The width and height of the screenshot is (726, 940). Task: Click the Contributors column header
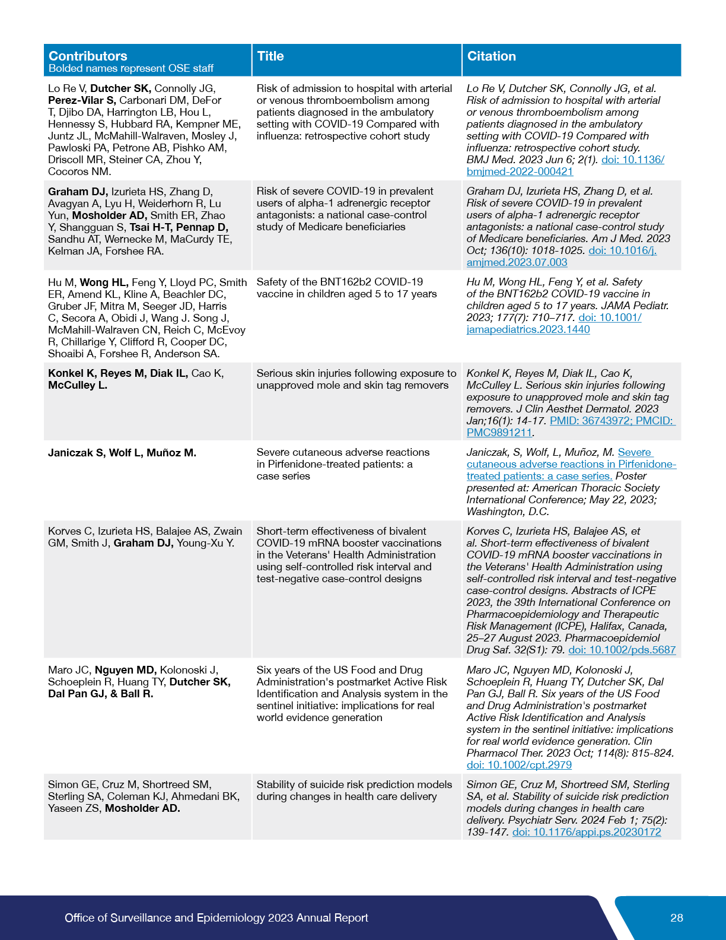[x=88, y=56]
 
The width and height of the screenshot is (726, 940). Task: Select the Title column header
[x=270, y=56]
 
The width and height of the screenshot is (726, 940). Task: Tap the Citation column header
[x=492, y=56]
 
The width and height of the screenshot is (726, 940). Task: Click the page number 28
[x=677, y=917]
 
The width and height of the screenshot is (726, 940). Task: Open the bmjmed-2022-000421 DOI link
[x=520, y=172]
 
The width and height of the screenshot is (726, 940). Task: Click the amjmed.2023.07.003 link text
[x=517, y=262]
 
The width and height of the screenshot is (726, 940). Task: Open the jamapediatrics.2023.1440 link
[x=528, y=329]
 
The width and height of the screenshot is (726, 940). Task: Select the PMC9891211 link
[x=499, y=433]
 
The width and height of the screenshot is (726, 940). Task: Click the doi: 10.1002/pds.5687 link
[x=622, y=650]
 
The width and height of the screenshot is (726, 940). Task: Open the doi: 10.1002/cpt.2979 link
[x=519, y=765]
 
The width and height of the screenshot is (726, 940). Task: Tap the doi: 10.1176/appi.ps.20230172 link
[x=587, y=832]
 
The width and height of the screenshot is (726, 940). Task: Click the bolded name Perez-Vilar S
[x=82, y=100]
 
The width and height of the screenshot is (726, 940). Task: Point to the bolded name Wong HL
[x=104, y=282]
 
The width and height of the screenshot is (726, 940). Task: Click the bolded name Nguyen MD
[x=126, y=670]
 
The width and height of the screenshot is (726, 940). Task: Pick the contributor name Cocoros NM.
[x=79, y=172]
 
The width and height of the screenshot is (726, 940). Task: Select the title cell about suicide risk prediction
[x=354, y=790]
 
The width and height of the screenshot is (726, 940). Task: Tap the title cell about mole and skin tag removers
[x=356, y=379]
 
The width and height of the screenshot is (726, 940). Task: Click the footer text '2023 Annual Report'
[x=318, y=917]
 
